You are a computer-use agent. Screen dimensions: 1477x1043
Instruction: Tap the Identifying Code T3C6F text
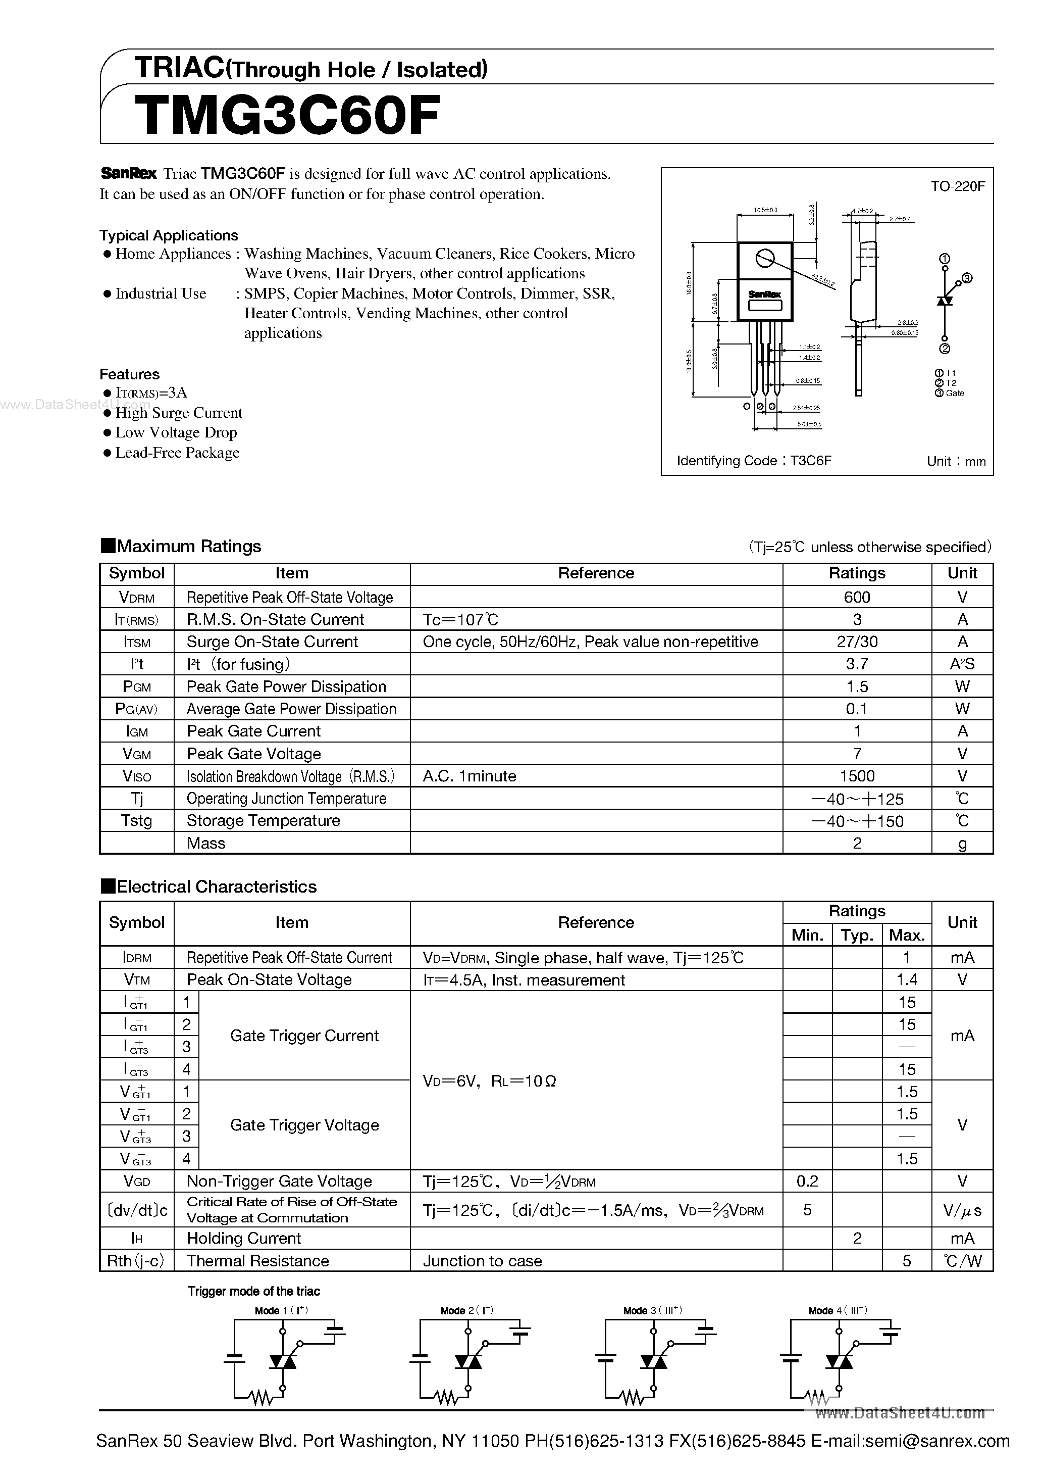[x=754, y=461]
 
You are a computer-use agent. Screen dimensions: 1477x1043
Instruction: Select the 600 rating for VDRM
[x=857, y=597]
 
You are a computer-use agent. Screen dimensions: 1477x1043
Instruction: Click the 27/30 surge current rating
[x=857, y=642]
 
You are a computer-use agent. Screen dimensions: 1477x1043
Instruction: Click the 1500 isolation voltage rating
[x=857, y=776]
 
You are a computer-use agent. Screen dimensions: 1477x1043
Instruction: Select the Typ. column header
[x=857, y=934]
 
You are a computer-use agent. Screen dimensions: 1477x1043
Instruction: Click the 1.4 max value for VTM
[x=906, y=980]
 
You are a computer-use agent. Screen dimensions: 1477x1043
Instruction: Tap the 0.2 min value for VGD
[x=807, y=1181]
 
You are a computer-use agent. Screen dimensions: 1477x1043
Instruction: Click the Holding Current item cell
[x=244, y=1239]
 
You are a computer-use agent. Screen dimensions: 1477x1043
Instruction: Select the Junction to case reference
[x=482, y=1261]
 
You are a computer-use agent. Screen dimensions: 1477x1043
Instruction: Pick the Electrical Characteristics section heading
[x=216, y=887]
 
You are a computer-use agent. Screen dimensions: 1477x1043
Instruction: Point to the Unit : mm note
[x=956, y=461]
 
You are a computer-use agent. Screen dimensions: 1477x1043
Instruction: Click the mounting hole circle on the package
[x=764, y=258]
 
